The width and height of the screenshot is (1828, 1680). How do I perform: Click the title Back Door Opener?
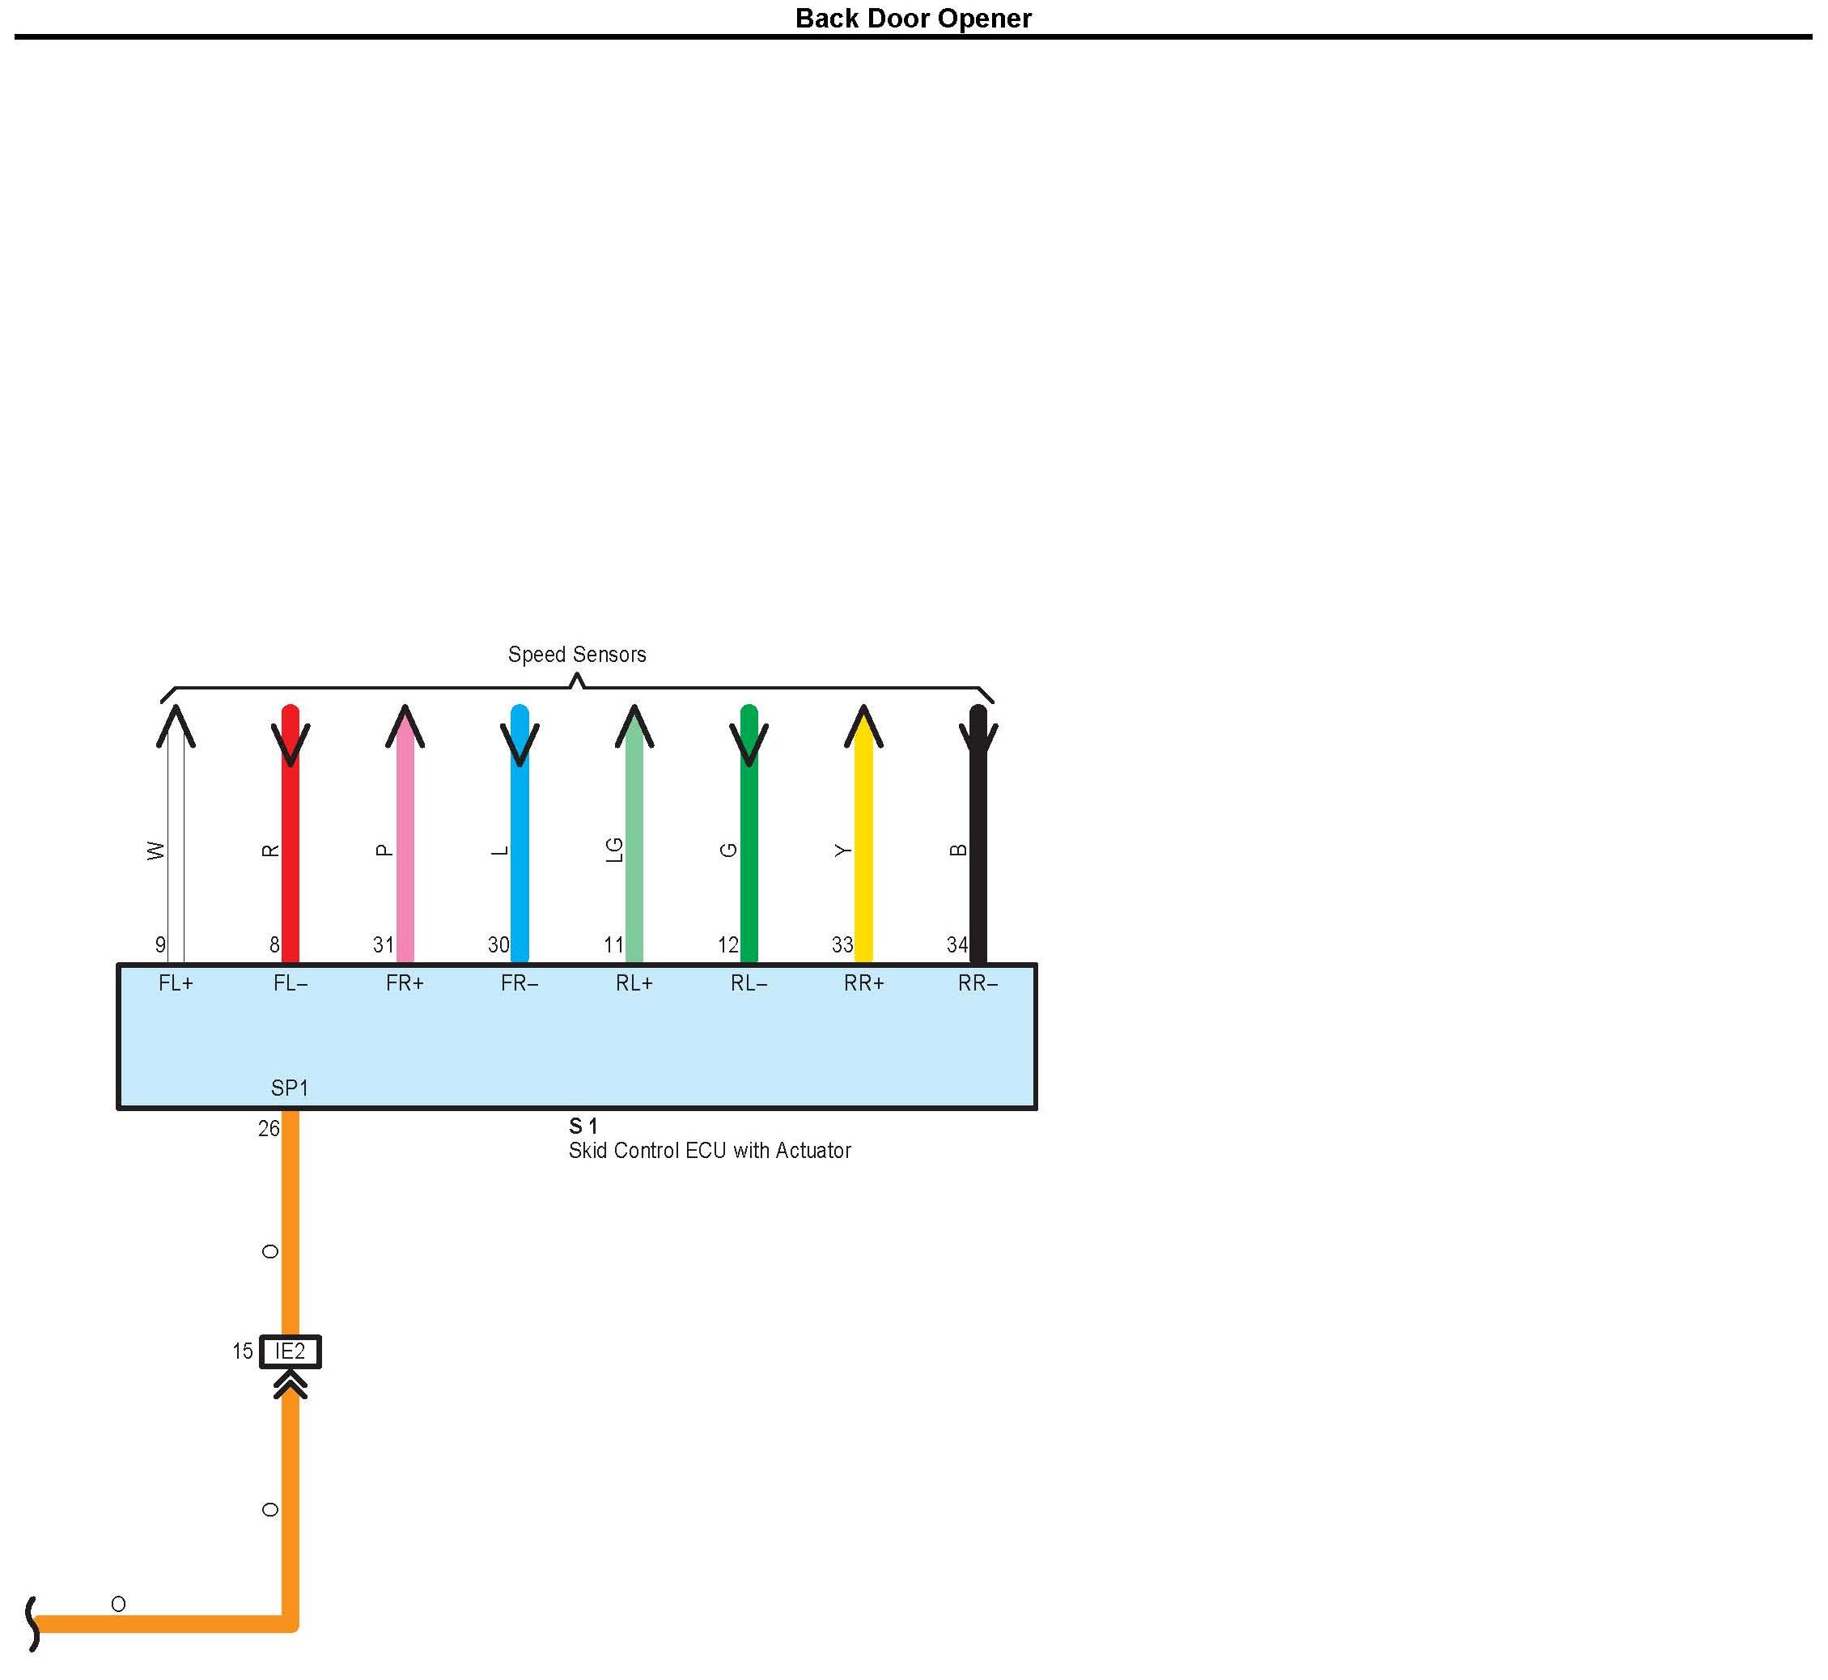pos(913,18)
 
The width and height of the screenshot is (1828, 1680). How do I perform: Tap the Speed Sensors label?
pos(576,655)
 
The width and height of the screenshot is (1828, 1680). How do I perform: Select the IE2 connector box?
pos(290,1351)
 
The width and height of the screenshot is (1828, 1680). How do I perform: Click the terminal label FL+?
pos(176,983)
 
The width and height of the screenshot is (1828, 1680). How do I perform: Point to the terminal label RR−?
pos(978,983)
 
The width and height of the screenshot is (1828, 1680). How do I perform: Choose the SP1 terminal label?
pos(290,1088)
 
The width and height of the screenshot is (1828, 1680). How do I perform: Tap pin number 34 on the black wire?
pos(956,945)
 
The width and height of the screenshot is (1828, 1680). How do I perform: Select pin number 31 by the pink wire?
pos(383,945)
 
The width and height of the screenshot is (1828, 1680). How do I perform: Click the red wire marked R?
pos(291,863)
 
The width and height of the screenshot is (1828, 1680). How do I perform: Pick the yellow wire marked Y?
pos(863,863)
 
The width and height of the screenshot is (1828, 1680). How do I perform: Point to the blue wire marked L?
pos(520,863)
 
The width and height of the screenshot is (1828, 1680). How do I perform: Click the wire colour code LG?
pos(614,850)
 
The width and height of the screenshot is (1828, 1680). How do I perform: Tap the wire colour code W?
pos(156,851)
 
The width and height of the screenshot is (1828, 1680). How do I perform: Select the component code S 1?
pos(583,1127)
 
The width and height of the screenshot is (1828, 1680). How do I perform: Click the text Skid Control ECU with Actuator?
pos(709,1151)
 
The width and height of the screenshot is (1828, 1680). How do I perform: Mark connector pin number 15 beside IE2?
pos(242,1351)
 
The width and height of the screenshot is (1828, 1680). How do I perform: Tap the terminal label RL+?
pos(634,983)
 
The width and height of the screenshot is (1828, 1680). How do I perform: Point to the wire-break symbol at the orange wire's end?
pos(32,1623)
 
